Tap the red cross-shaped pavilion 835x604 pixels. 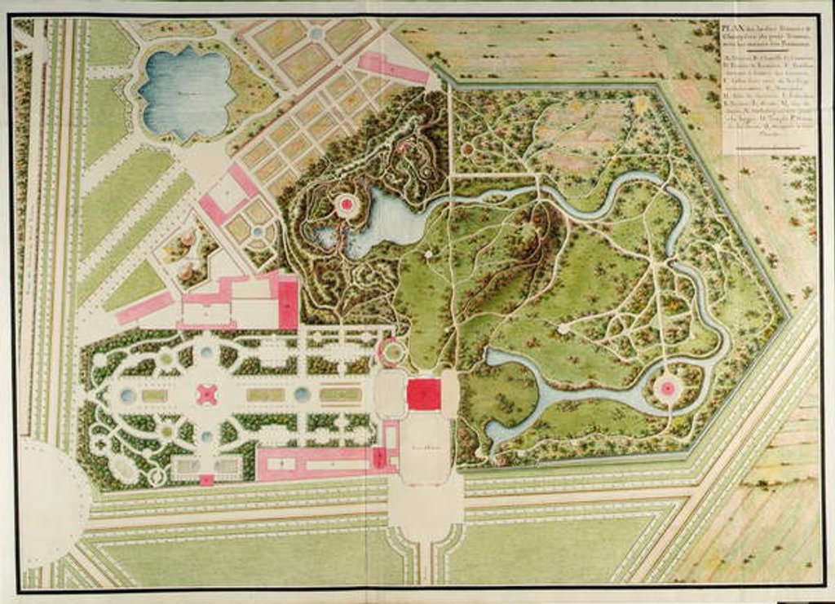click(208, 395)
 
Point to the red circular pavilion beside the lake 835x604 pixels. click(347, 205)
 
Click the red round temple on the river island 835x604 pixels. click(668, 388)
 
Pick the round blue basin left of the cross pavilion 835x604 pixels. click(128, 395)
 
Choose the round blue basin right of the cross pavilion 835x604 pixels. click(302, 395)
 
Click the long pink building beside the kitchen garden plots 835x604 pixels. click(393, 68)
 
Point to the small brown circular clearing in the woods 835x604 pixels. click(467, 149)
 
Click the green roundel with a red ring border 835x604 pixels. click(392, 352)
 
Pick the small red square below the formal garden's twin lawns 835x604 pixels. click(206, 480)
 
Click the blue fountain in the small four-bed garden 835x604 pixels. click(258, 231)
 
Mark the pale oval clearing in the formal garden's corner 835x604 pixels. click(125, 468)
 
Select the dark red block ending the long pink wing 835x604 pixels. click(379, 458)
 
